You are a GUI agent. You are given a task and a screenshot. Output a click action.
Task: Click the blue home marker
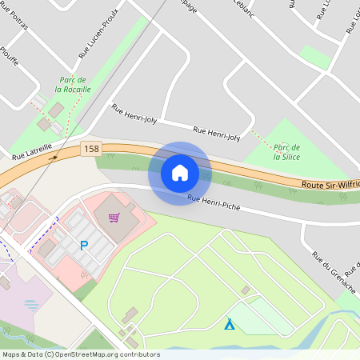pyautogui.click(x=180, y=173)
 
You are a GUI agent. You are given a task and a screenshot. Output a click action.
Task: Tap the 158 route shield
pyautogui.click(x=91, y=148)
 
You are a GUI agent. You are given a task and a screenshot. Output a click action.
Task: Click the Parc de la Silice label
pyautogui.click(x=286, y=152)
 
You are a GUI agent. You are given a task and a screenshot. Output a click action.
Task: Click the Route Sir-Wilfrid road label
pyautogui.click(x=330, y=185)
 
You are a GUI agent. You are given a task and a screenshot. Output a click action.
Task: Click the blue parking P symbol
pyautogui.click(x=82, y=246)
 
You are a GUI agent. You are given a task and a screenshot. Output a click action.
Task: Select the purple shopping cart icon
pyautogui.click(x=114, y=217)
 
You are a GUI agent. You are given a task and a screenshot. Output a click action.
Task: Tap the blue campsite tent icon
pyautogui.click(x=230, y=324)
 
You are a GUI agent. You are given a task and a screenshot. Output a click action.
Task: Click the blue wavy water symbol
pyautogui.click(x=31, y=305)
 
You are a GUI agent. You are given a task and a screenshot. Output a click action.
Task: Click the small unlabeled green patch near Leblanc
pyautogui.click(x=314, y=57)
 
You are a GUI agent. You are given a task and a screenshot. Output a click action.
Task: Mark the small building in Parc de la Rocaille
pyautogui.click(x=56, y=109)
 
